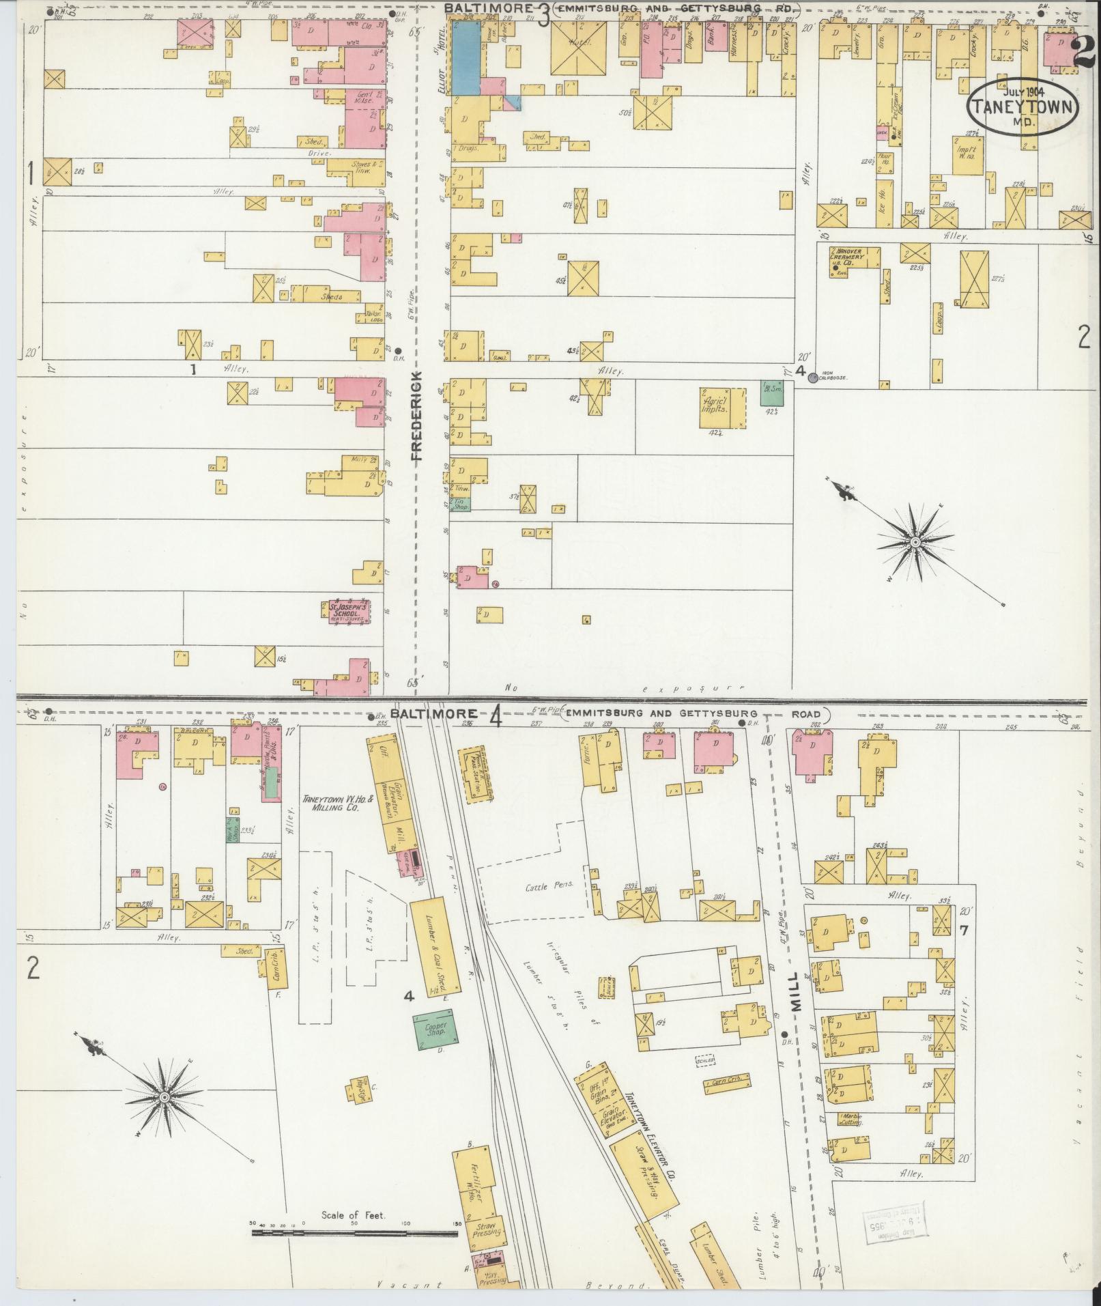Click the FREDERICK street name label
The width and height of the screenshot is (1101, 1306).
coord(417,416)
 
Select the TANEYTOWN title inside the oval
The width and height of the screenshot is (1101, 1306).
coord(1022,107)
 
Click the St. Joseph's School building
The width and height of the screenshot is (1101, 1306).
coord(348,611)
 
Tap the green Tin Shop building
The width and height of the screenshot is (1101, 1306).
coord(461,505)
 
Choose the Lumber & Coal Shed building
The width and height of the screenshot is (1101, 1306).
coord(435,947)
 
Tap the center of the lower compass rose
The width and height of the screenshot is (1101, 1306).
coord(164,1116)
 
